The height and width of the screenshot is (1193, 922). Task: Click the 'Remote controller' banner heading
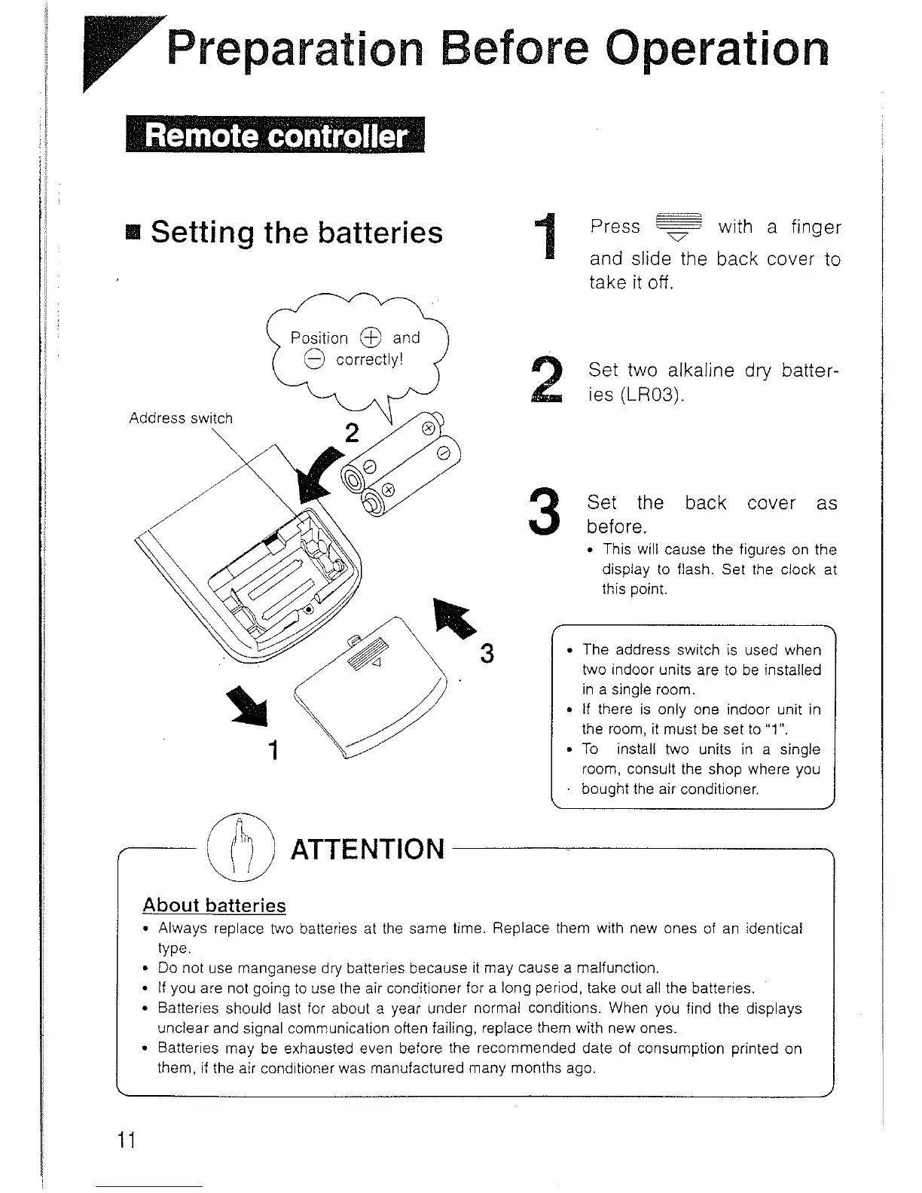tap(276, 136)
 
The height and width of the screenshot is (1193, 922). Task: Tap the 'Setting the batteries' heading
tap(296, 232)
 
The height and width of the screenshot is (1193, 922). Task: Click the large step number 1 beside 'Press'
tap(552, 239)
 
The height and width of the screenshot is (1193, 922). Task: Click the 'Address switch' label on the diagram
tap(181, 418)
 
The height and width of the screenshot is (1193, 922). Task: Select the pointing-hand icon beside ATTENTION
tap(240, 848)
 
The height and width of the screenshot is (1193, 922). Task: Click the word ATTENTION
tap(368, 849)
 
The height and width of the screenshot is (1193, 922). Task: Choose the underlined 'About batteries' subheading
tap(215, 905)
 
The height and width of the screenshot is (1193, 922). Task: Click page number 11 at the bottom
tap(125, 1141)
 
